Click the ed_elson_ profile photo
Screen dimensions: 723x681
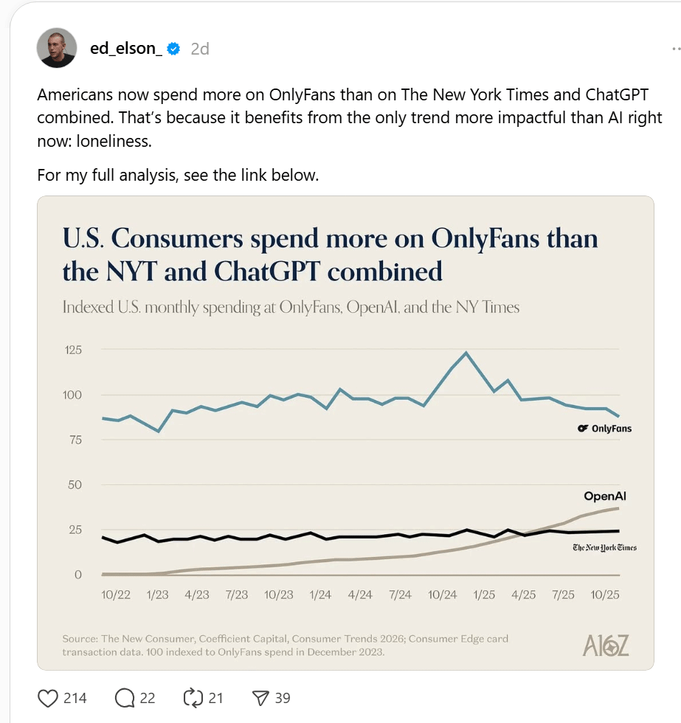tap(57, 48)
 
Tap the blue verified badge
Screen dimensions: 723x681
tap(174, 49)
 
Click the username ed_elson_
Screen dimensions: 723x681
tap(126, 49)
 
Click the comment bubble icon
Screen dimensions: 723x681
tap(125, 697)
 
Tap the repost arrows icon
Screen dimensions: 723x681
tap(192, 697)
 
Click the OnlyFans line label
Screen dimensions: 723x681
tap(605, 429)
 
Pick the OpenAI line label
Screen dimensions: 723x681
tap(605, 497)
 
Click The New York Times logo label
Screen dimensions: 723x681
tap(604, 547)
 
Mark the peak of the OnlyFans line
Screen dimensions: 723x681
tap(466, 353)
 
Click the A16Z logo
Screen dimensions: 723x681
tap(606, 646)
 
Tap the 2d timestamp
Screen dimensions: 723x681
tap(200, 49)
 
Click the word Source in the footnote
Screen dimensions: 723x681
tap(79, 639)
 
